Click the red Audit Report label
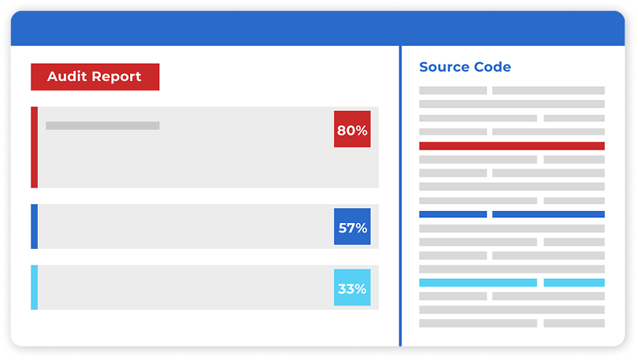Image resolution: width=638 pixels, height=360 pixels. (95, 77)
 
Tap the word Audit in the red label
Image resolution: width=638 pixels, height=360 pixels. (65, 77)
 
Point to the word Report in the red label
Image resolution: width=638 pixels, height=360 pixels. (115, 77)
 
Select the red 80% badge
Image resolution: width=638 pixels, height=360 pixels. (352, 130)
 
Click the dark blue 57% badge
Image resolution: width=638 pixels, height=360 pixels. (352, 228)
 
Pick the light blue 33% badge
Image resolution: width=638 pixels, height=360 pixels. (352, 288)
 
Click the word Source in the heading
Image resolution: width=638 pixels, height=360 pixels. (443, 68)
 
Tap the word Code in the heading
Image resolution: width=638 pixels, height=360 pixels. (491, 68)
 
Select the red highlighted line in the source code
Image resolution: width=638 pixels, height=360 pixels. (511, 146)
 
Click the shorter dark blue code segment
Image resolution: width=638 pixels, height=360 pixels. (453, 214)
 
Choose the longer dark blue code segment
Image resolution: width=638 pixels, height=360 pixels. (548, 214)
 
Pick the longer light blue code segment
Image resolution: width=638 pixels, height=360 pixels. (477, 282)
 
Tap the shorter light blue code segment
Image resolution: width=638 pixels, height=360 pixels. (573, 282)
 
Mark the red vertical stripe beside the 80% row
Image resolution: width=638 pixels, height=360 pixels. (35, 147)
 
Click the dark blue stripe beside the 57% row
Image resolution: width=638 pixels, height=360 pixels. (35, 227)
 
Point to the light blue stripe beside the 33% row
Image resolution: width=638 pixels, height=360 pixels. (35, 288)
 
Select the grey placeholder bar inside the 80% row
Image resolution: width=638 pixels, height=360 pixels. (102, 125)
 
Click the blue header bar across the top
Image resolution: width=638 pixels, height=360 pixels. (319, 28)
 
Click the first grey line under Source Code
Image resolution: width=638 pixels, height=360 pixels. (453, 91)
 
